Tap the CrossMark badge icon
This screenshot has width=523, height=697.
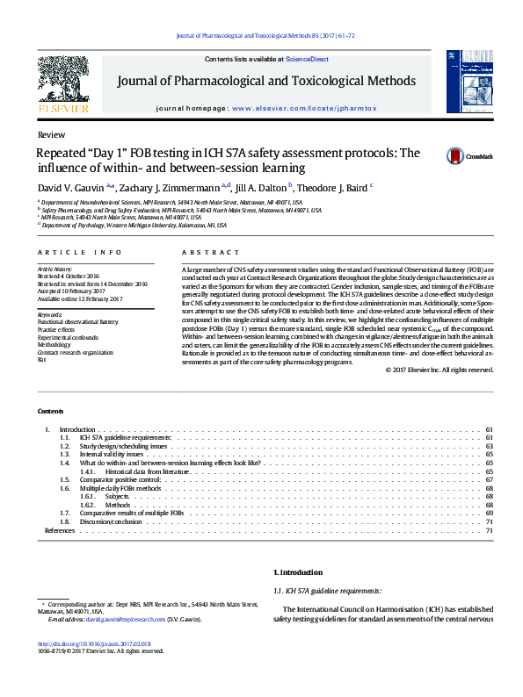pos(431,156)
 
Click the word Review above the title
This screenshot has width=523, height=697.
pos(51,133)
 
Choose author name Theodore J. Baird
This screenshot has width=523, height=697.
pos(333,187)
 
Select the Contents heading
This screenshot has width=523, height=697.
pos(50,411)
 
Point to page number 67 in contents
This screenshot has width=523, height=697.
pos(489,480)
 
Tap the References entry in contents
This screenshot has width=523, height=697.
pos(60,530)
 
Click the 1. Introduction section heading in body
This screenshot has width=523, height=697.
pos(299,571)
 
